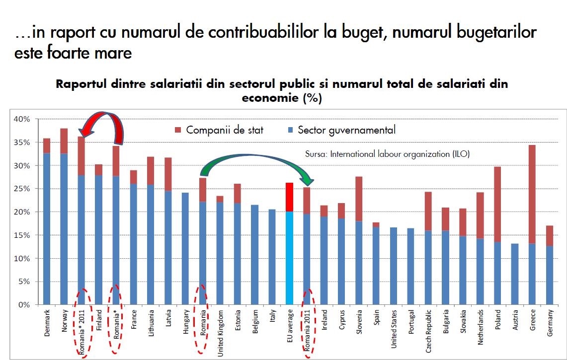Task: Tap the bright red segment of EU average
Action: tap(289, 197)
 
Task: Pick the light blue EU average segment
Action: tap(289, 258)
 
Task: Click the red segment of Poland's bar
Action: tap(498, 204)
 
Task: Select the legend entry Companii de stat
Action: tap(219, 131)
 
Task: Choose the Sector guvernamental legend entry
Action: tap(341, 131)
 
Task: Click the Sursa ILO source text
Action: tap(387, 154)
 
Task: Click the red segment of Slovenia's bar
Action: tap(359, 199)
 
